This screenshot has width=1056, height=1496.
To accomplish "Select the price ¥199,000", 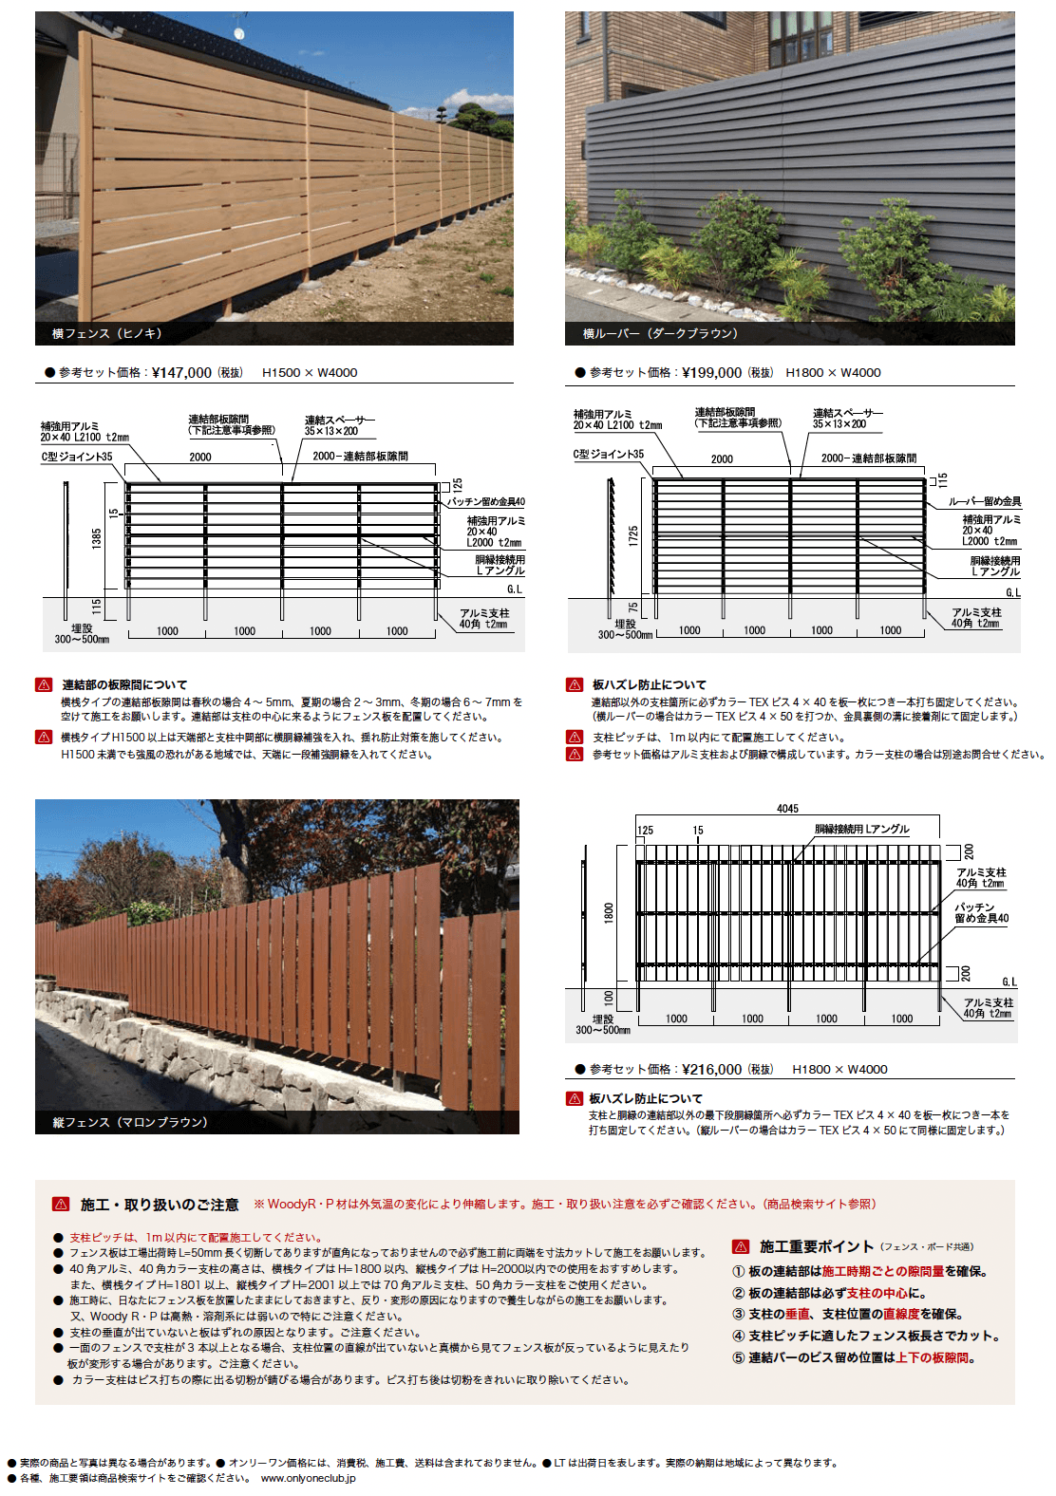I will (x=711, y=372).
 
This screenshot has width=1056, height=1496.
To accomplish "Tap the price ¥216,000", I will (x=711, y=1069).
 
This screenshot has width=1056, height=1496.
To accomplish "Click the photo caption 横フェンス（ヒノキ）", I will (x=107, y=333).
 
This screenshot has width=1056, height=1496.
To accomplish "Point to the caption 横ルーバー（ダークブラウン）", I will (x=660, y=333).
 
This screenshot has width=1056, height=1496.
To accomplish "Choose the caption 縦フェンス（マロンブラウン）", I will (x=130, y=1122).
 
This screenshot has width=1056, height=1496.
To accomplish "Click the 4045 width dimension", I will (x=787, y=809).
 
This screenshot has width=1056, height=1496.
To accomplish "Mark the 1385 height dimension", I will (x=97, y=538).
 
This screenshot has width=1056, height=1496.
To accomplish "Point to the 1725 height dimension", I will (x=633, y=535).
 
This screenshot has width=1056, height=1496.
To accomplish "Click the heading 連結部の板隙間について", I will (x=124, y=684).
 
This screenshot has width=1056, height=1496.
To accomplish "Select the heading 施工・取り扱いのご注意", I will (x=160, y=1205).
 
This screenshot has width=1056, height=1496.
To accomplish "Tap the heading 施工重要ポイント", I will (x=817, y=1246).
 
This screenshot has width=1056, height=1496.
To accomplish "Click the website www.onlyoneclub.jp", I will (x=308, y=1478).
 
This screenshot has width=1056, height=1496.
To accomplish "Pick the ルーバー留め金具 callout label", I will (x=985, y=501).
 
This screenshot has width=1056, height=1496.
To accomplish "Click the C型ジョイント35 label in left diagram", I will (x=76, y=457).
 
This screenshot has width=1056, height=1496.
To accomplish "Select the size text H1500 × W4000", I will (x=310, y=372).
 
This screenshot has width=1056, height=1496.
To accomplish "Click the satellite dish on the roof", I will (x=238, y=34).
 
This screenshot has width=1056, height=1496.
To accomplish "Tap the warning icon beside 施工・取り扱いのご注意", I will (x=61, y=1205).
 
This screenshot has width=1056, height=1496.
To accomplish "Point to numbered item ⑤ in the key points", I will (x=738, y=1357).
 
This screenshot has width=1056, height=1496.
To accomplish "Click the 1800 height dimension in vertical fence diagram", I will (x=609, y=912).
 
